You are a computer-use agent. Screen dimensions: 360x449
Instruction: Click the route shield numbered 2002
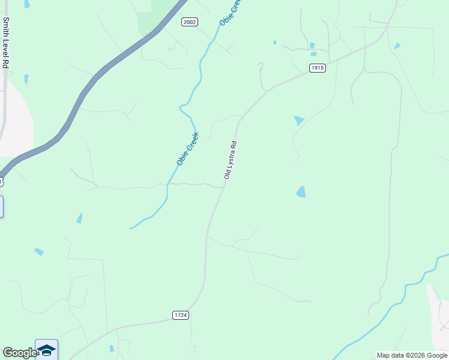190,22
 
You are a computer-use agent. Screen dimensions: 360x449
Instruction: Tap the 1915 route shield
318,68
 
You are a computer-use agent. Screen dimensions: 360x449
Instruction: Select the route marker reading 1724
181,315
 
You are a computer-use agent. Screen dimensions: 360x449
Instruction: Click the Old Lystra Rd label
231,160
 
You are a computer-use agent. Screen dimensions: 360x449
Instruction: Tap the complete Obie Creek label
187,149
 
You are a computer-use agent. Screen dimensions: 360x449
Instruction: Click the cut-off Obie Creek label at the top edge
229,13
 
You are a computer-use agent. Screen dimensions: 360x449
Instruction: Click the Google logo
20,353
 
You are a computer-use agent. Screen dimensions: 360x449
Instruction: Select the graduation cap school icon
46,349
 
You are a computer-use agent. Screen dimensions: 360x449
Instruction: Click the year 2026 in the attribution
409,355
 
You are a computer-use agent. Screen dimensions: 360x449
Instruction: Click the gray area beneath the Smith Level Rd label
15,120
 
